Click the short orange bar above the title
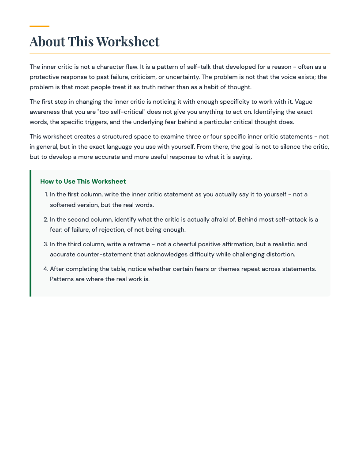click(39, 26)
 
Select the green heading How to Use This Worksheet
click(83, 181)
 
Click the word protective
click(45, 77)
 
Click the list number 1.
click(47, 194)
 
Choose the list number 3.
click(47, 244)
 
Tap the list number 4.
click(47, 269)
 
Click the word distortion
click(280, 254)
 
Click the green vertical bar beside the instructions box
click(30, 233)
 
